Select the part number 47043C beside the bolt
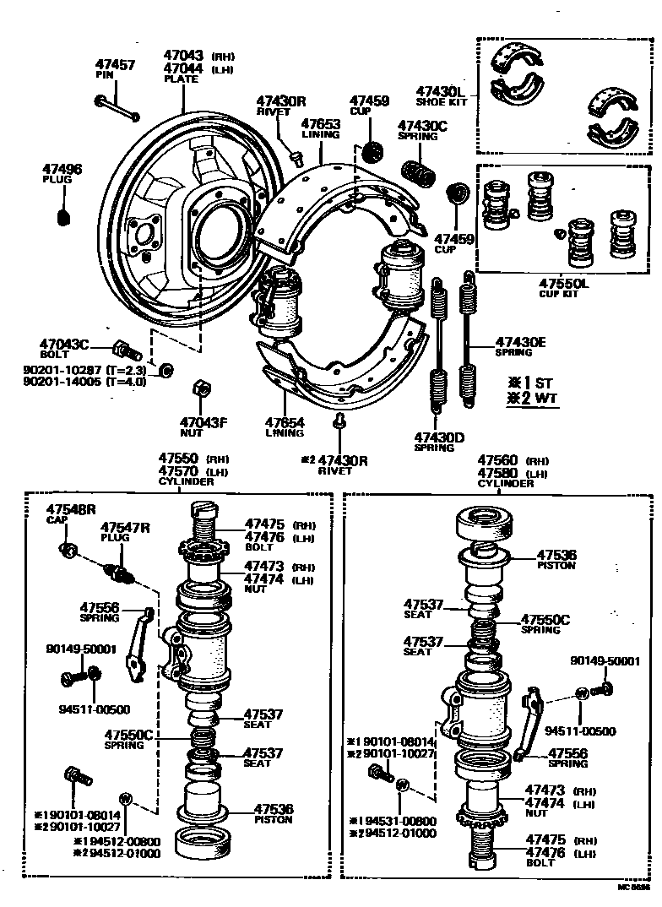click(x=64, y=344)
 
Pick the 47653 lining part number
click(x=320, y=123)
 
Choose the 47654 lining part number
click(x=284, y=421)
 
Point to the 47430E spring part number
click(x=520, y=341)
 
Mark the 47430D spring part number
click(x=439, y=437)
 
